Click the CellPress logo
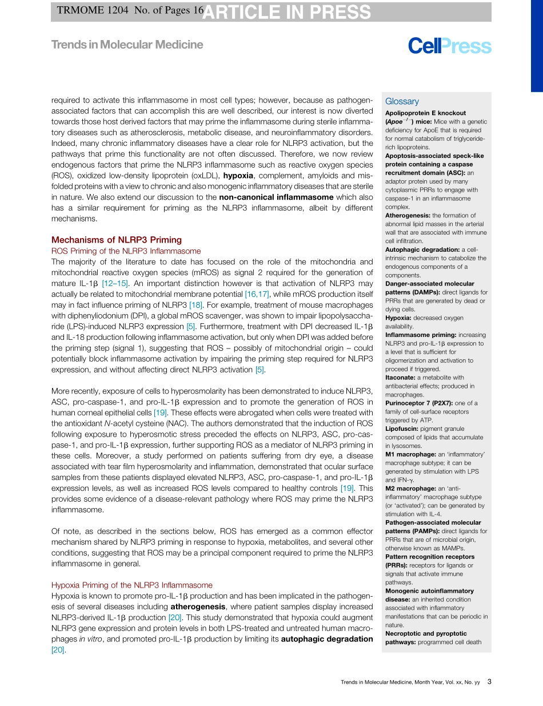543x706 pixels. click(449, 46)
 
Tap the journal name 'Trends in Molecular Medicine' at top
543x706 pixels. click(127, 45)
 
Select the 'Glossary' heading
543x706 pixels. click(402, 101)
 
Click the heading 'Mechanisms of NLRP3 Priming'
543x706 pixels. click(117, 240)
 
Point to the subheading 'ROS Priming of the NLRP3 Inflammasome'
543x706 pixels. click(126, 251)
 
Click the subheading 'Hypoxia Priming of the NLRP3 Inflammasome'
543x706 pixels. click(131, 585)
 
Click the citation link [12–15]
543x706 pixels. click(115, 283)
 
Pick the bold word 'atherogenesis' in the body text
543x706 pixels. click(198, 606)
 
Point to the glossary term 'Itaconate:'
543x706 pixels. click(401, 378)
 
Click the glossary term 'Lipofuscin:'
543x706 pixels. click(401, 429)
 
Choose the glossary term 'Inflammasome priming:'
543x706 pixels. click(420, 335)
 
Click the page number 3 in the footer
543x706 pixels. click(489, 681)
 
